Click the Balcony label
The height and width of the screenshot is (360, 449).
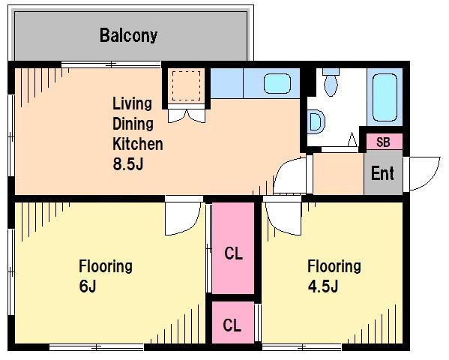(x=129, y=36)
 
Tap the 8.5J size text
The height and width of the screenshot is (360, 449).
(x=128, y=164)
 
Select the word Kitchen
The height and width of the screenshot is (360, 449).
(x=138, y=144)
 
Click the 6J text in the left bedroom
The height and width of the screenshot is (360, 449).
(x=88, y=286)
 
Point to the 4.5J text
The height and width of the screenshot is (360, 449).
(x=323, y=286)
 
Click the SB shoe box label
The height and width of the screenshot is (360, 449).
(x=383, y=142)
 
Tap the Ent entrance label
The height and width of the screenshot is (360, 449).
(x=382, y=172)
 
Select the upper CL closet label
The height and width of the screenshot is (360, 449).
(x=233, y=253)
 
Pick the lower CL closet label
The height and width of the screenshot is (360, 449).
(x=232, y=325)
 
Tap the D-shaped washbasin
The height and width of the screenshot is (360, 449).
(x=317, y=121)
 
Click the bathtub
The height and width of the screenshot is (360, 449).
(x=385, y=97)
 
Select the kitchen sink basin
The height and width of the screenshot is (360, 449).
(x=277, y=84)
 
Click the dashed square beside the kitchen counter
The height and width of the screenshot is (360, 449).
(x=186, y=86)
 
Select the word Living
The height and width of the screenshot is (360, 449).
(x=132, y=104)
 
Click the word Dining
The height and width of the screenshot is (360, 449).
(x=133, y=124)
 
